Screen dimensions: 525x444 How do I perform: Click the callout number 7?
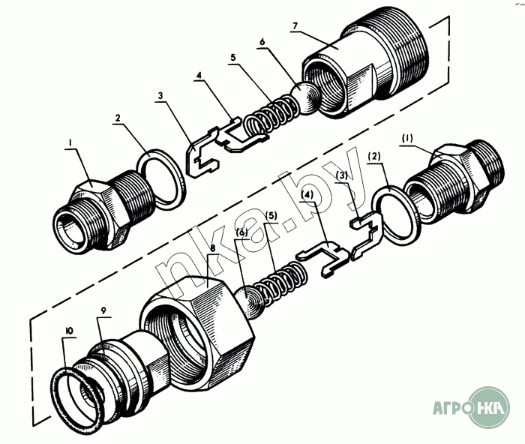tap(295, 25)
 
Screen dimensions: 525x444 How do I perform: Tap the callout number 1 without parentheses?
tap(70, 143)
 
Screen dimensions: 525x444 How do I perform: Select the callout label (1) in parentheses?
tap(406, 138)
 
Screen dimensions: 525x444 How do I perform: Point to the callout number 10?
tap(70, 331)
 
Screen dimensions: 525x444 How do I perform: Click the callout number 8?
tap(213, 249)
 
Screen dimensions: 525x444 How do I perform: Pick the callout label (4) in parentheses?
tap(307, 194)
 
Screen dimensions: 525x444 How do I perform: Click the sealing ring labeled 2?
tap(161, 179)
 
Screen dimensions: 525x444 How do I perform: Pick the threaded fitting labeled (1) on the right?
tap(454, 184)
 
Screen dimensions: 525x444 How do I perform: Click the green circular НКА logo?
tap(488, 407)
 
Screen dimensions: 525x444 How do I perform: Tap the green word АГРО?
tap(450, 408)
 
